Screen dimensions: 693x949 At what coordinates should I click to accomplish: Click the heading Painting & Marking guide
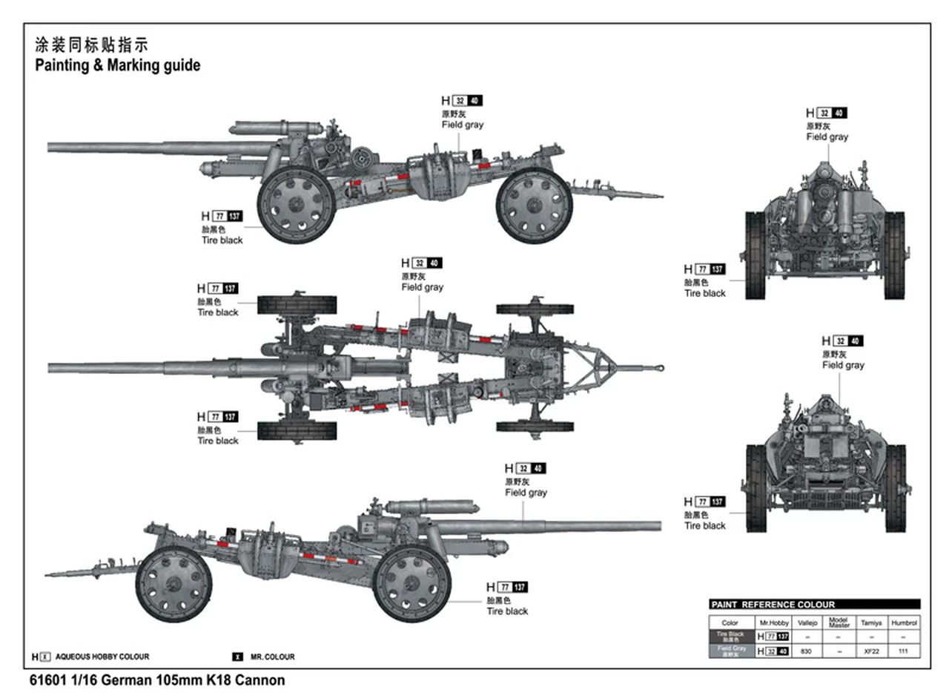117,65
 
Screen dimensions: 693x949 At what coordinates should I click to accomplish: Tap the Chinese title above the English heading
91,45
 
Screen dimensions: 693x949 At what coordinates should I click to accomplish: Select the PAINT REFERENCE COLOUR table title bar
814,605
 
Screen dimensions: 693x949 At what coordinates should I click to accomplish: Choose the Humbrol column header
904,623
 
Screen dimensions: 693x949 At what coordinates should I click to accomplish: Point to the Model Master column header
839,623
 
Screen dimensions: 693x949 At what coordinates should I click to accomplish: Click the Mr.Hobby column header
773,623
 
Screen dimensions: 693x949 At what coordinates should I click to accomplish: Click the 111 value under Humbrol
904,651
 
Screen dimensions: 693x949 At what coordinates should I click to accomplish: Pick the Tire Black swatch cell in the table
730,637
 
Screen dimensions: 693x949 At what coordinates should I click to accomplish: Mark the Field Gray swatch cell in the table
730,651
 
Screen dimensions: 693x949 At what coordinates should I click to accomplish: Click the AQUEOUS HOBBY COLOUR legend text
102,657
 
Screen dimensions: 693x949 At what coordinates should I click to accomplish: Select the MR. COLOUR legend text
272,657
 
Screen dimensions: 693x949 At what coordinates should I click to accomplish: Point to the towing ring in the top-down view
659,367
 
